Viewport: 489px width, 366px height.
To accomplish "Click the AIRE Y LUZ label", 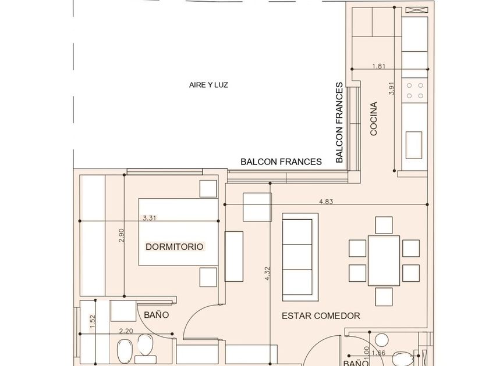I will pyautogui.click(x=208, y=85).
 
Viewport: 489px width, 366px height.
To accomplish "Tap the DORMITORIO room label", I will pyautogui.click(x=175, y=246).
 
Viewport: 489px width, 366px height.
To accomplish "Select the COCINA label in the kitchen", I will pyautogui.click(x=374, y=119).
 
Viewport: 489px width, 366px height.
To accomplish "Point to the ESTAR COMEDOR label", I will pyautogui.click(x=321, y=316).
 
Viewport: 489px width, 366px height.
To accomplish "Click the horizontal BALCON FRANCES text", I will pyautogui.click(x=281, y=162).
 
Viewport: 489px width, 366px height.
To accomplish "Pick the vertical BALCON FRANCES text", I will pyautogui.click(x=339, y=122).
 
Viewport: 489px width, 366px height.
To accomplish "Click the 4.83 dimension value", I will pyautogui.click(x=327, y=202).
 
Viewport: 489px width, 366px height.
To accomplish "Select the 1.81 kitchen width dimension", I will pyautogui.click(x=378, y=66).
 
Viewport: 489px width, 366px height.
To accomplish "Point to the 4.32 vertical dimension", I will pyautogui.click(x=267, y=274).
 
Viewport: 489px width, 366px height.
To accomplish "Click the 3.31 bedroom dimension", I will pyautogui.click(x=150, y=218).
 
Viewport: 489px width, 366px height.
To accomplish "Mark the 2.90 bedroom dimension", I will pyautogui.click(x=121, y=235).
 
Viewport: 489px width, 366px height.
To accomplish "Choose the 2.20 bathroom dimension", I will pyautogui.click(x=125, y=331).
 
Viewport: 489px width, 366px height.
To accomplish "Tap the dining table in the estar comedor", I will pyautogui.click(x=384, y=261).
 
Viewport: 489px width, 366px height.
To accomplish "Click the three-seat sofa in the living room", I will pyautogui.click(x=300, y=256).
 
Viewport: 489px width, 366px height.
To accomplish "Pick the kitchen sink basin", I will pyautogui.click(x=414, y=141).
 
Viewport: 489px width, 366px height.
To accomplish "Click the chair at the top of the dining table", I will pyautogui.click(x=384, y=224).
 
